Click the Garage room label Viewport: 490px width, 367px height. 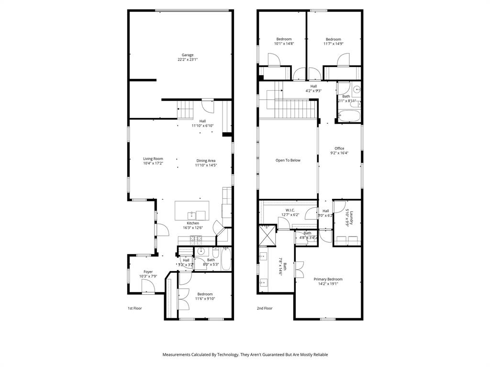click(187, 55)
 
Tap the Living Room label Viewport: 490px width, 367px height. click(153, 159)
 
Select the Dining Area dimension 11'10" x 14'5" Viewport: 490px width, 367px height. click(206, 165)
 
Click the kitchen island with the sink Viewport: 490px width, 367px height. click(192, 210)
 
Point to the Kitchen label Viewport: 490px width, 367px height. click(193, 223)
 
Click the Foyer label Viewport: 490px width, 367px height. click(148, 271)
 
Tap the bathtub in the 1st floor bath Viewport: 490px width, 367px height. click(227, 259)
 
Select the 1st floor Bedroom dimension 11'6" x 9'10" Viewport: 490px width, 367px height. click(205, 299)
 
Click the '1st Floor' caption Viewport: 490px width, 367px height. click(134, 308)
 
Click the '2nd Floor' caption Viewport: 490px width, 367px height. click(265, 308)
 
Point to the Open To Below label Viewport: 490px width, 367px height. click(288, 160)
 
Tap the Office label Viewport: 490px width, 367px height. click(339, 148)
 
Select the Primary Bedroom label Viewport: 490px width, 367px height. click(328, 279)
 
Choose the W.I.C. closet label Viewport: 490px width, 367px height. click(290, 210)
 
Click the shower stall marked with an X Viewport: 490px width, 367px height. click(266, 234)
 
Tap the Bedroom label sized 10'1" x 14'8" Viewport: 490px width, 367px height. click(284, 39)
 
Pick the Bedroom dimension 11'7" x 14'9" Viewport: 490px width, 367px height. click(334, 44)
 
